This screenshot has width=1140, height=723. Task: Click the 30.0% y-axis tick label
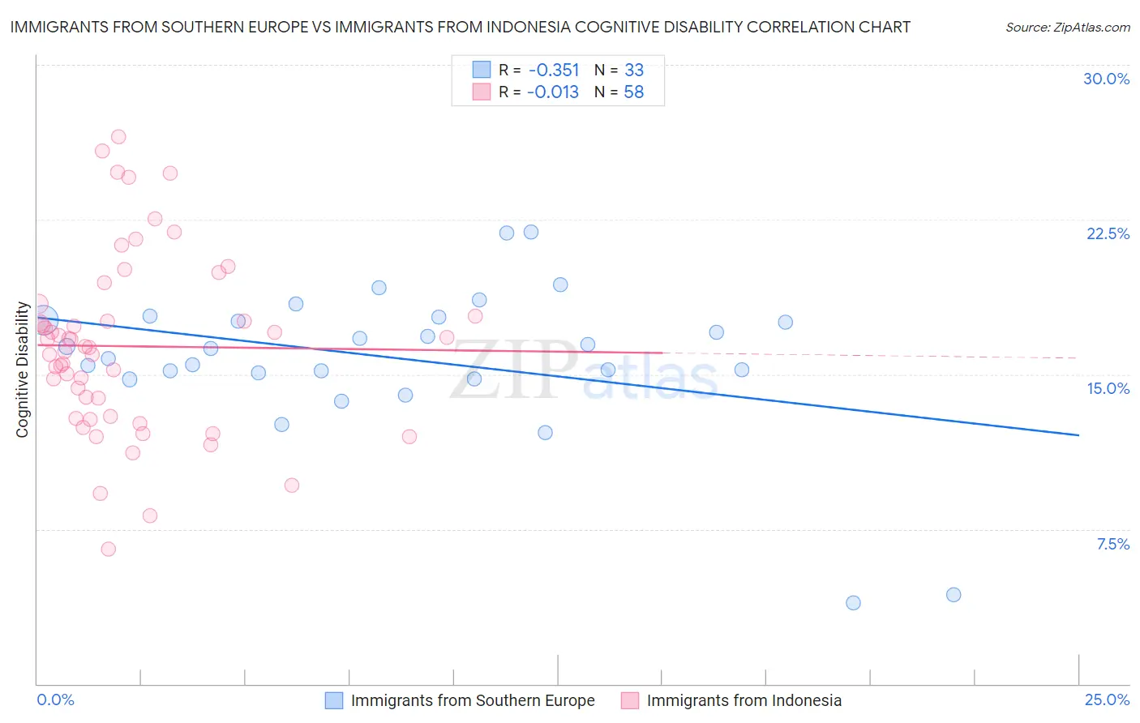(1106, 79)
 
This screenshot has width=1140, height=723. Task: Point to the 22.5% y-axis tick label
(1108, 233)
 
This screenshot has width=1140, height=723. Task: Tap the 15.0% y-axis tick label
(1108, 388)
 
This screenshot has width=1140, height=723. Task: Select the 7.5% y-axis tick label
(1112, 544)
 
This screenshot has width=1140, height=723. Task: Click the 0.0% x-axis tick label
(55, 699)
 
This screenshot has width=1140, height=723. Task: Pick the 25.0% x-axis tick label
(1107, 699)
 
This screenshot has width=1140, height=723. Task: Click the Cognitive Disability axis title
(23, 370)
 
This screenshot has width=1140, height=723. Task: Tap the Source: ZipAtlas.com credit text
(1067, 27)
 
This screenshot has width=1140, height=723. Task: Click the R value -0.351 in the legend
(553, 71)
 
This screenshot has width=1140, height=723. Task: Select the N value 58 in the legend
(633, 92)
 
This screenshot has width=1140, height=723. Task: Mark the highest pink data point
(118, 137)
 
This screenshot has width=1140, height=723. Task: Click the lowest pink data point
(108, 549)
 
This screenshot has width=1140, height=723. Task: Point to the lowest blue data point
(853, 603)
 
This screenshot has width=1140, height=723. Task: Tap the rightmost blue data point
(954, 595)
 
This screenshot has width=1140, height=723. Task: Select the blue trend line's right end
(1078, 435)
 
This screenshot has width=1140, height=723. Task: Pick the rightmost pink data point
(475, 316)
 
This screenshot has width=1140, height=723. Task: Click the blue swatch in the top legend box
(482, 71)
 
